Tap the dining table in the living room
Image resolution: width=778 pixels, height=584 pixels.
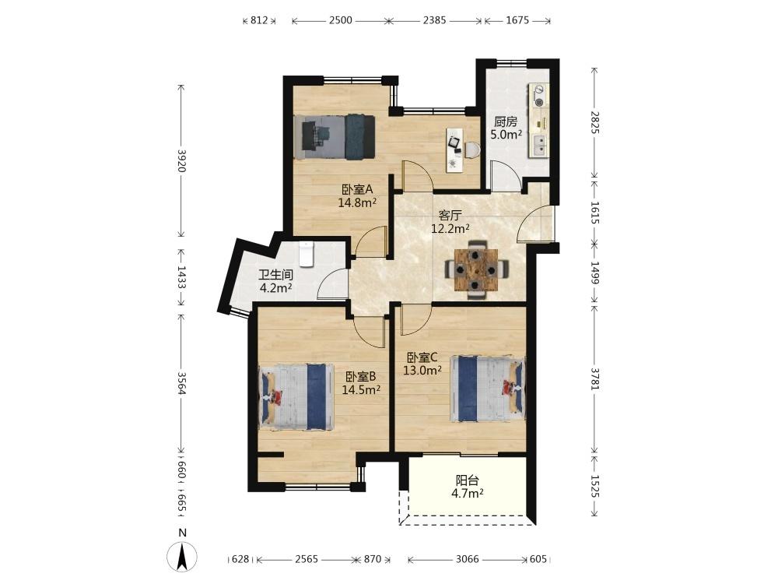click(476, 269)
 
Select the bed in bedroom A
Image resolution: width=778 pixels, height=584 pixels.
click(334, 137)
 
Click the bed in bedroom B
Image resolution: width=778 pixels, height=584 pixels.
click(296, 397)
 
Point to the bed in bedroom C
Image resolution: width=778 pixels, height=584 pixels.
click(488, 388)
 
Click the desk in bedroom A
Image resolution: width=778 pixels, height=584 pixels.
click(455, 150)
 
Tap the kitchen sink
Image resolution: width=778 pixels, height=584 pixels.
click(538, 145)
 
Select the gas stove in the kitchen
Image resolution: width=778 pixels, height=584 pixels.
click(538, 96)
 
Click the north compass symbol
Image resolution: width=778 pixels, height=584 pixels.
click(183, 552)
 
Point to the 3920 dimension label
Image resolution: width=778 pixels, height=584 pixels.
click(181, 160)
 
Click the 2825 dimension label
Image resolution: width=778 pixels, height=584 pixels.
click(595, 122)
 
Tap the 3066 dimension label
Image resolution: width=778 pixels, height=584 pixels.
click(468, 559)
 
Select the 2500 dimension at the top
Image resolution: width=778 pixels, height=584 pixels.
click(341, 20)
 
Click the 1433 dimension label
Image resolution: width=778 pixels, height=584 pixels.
click(181, 278)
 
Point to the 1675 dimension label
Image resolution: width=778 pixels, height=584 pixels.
click(517, 20)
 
